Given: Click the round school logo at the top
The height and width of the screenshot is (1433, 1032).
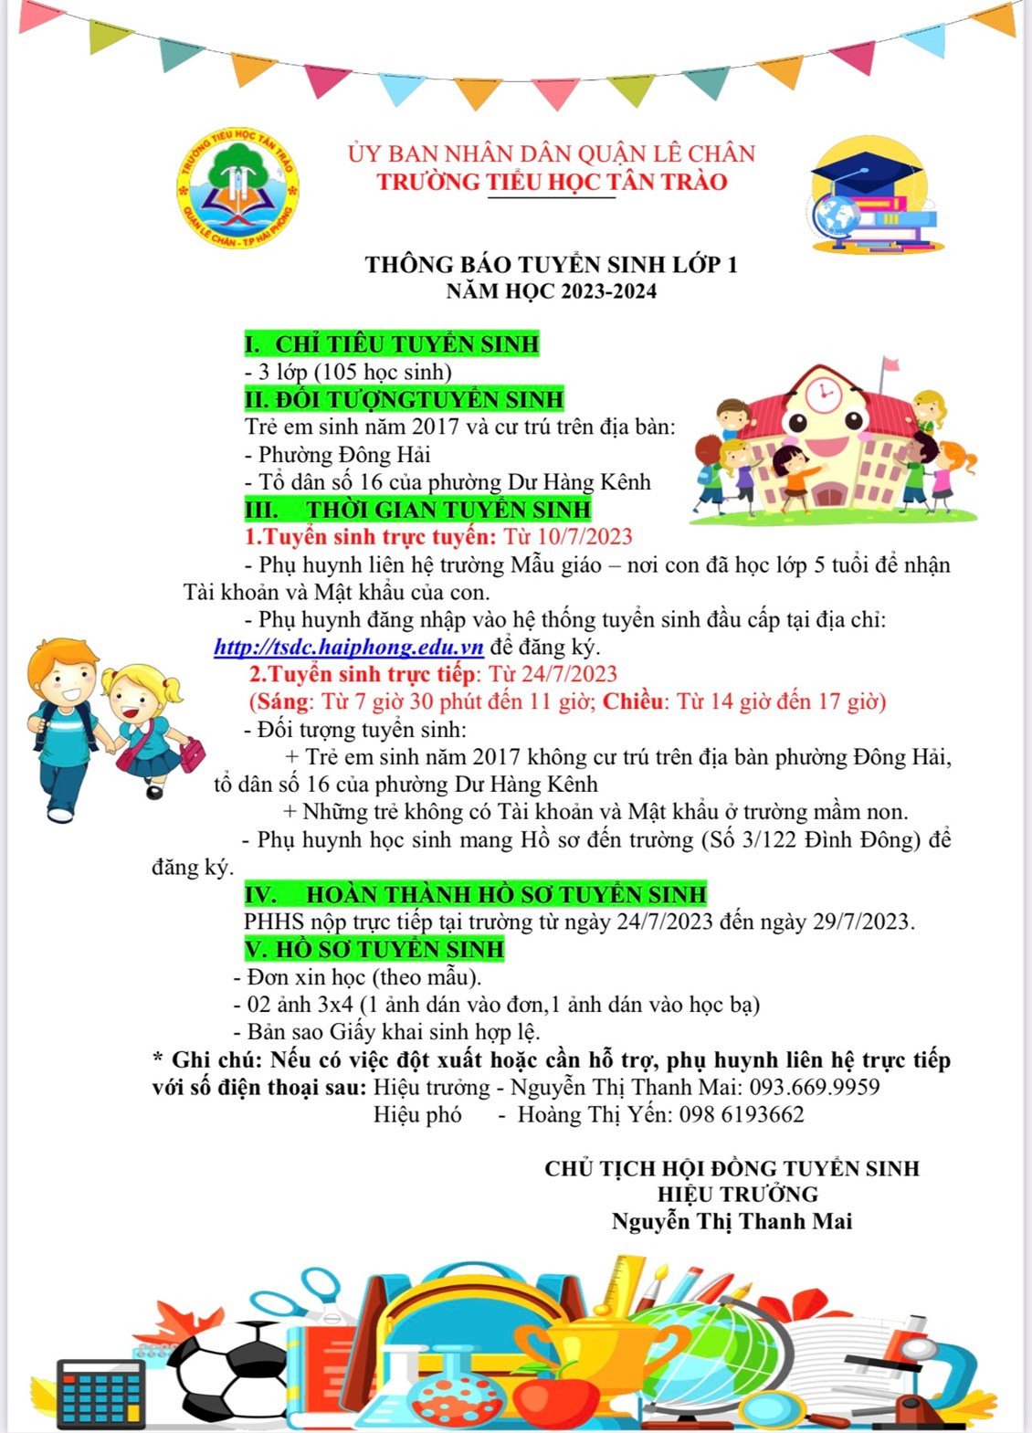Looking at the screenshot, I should [x=237, y=190].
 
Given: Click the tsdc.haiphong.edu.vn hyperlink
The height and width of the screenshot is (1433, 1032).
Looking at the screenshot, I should [x=349, y=647].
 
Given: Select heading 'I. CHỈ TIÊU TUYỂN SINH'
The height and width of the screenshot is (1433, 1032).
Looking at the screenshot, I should [x=392, y=344].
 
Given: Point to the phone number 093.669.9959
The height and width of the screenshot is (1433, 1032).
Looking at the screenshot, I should [x=815, y=1087].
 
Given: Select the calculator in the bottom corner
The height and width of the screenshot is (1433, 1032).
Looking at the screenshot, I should [x=100, y=1393].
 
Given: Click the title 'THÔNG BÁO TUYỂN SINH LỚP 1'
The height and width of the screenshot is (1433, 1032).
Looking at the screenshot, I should [x=551, y=265].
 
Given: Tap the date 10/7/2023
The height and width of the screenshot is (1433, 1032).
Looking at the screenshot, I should [x=584, y=537].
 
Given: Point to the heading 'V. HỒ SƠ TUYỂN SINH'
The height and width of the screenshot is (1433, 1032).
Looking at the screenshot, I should [x=374, y=949].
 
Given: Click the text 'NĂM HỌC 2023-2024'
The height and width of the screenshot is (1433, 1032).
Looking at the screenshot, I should [x=551, y=291].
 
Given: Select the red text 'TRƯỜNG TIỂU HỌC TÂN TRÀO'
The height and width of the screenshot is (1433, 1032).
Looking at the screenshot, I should [x=552, y=182].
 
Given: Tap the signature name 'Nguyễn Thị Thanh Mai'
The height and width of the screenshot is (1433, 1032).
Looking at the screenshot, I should [x=732, y=1221].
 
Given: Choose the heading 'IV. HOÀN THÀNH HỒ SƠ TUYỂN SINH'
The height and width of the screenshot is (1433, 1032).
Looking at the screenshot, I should [x=476, y=894].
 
